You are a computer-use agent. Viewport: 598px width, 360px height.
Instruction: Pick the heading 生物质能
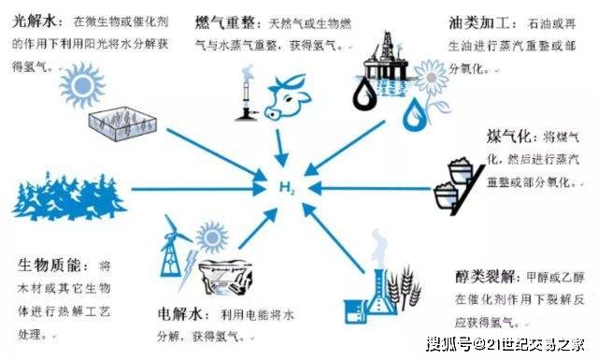click(48, 266)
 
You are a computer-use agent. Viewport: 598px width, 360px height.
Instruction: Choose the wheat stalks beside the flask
click(407, 289)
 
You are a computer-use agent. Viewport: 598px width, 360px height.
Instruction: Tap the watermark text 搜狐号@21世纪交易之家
click(507, 343)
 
